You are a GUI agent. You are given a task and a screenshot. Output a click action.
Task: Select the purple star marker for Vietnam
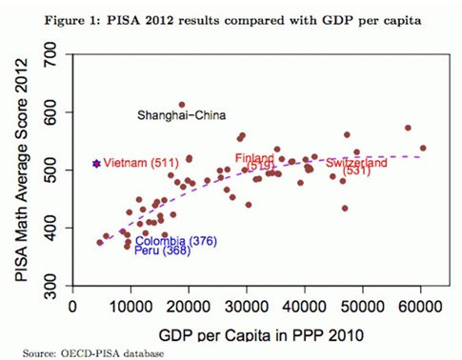coord(96,164)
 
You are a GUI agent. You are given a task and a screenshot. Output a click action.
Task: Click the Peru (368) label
coord(154,251)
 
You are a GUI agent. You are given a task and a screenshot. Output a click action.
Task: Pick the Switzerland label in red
coord(356,163)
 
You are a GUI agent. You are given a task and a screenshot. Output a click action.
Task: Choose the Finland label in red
coord(254,158)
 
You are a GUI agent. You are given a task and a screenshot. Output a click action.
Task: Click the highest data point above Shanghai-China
coord(182,105)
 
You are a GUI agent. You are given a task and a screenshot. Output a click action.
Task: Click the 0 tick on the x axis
coord(73,308)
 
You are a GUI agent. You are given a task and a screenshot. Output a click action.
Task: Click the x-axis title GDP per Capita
coord(249,333)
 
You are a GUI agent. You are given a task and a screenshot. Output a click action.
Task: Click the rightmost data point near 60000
coord(423,148)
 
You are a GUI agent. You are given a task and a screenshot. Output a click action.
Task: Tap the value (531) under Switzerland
coord(355,172)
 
